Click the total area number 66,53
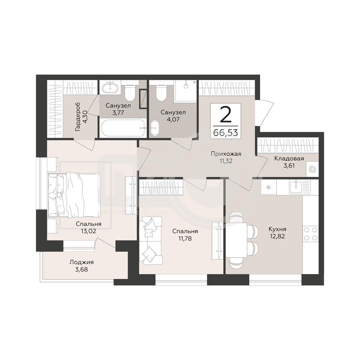pyautogui.click(x=225, y=133)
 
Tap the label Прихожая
pyautogui.click(x=226, y=154)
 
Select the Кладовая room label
pyautogui.click(x=289, y=158)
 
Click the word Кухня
pyautogui.click(x=277, y=229)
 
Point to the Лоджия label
pyautogui.click(x=81, y=262)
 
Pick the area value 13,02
pyautogui.click(x=88, y=231)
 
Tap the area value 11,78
pyautogui.click(x=185, y=238)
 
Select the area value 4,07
pyautogui.click(x=173, y=119)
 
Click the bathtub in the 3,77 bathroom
pyautogui.click(x=123, y=128)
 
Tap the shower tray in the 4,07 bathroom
pyautogui.click(x=185, y=91)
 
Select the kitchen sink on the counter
pyautogui.click(x=300, y=186)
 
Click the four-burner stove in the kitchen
pyautogui.click(x=310, y=234)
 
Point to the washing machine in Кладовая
pyautogui.click(x=312, y=170)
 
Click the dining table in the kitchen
pyautogui.click(x=237, y=240)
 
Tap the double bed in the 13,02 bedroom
pyautogui.click(x=74, y=195)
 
